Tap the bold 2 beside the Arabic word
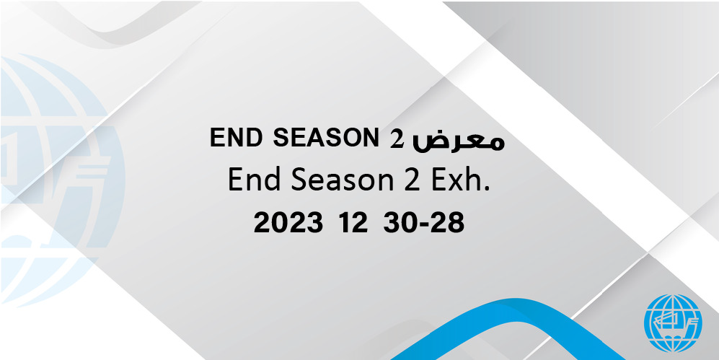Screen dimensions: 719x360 397,138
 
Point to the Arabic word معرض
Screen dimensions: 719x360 459,141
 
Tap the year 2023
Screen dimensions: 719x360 288,224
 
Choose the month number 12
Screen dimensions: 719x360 353,224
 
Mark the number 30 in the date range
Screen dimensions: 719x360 400,224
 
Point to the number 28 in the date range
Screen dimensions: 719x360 448,224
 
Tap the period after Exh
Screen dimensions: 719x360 486,189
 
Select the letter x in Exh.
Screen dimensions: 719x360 454,183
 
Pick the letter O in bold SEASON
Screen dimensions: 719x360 352,138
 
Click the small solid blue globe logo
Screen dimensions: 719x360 673,323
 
